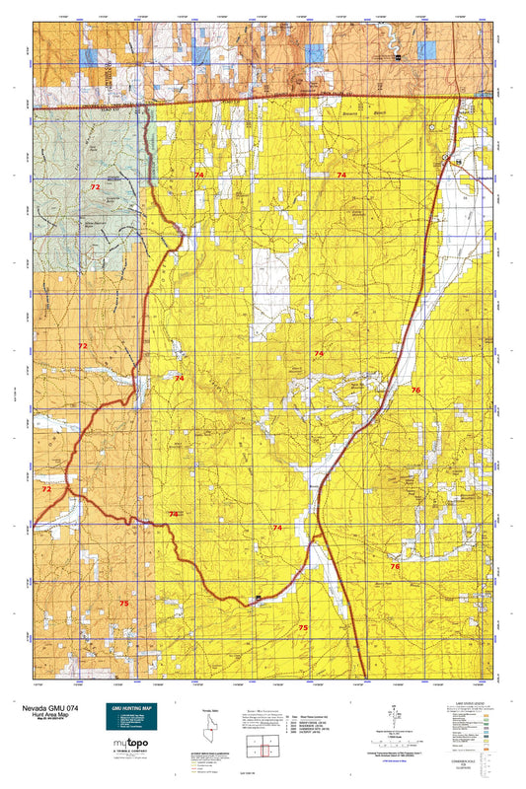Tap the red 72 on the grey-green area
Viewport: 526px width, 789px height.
click(x=95, y=186)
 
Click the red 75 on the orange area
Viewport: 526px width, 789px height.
click(x=124, y=603)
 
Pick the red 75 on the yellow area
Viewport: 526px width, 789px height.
click(x=303, y=627)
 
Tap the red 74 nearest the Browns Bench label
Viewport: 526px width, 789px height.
click(x=341, y=175)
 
